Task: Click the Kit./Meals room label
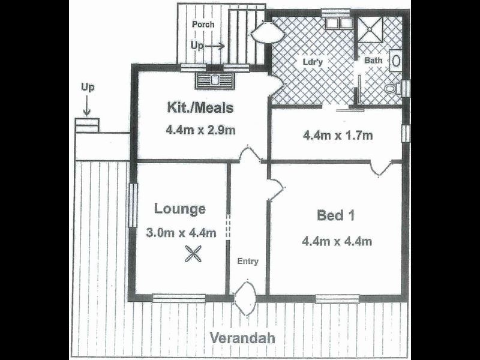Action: pyautogui.click(x=199, y=109)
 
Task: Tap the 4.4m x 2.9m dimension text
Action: pyautogui.click(x=199, y=129)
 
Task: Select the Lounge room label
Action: pyautogui.click(x=180, y=209)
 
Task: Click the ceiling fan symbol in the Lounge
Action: pyautogui.click(x=193, y=255)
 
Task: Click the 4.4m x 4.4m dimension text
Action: pyautogui.click(x=337, y=242)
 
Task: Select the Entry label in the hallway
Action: pyautogui.click(x=248, y=261)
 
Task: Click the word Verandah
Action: pyautogui.click(x=242, y=338)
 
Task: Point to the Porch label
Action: pyautogui.click(x=203, y=25)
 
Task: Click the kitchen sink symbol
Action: pyautogui.click(x=214, y=79)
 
